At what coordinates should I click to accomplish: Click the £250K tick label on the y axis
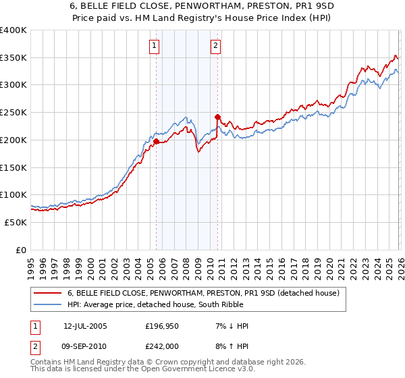[13, 113]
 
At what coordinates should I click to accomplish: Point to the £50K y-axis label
[16, 222]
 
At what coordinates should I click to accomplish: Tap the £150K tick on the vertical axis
[13, 167]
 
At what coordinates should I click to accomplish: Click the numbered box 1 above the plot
[155, 46]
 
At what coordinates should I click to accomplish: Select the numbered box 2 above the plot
[215, 46]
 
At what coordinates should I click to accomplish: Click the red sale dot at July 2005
[156, 142]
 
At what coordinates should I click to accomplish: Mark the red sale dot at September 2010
[217, 117]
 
